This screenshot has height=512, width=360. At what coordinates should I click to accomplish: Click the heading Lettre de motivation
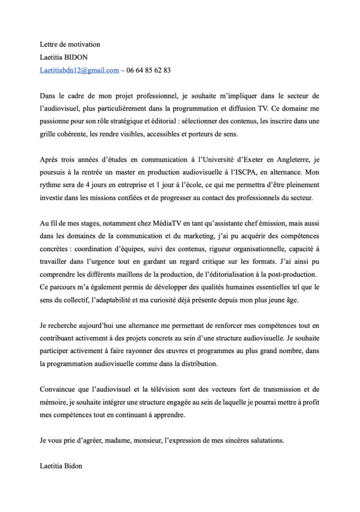click(70, 44)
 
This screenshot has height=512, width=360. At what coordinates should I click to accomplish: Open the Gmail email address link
click(79, 70)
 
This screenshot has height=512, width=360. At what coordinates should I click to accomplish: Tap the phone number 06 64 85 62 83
click(148, 70)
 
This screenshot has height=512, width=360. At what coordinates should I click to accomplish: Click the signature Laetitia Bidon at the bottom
click(61, 466)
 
